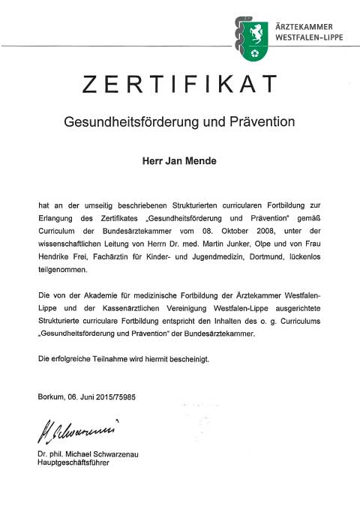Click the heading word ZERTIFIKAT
tap(179, 86)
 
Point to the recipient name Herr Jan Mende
tap(179, 160)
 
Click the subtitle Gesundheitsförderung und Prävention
tap(179, 121)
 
